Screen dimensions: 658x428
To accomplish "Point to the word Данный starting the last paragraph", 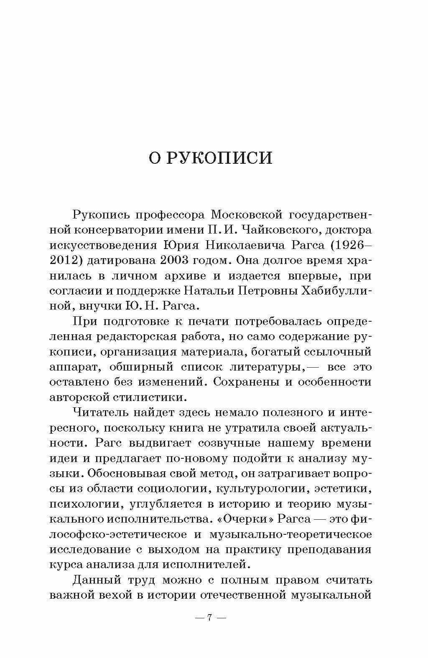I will click(x=97, y=580).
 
